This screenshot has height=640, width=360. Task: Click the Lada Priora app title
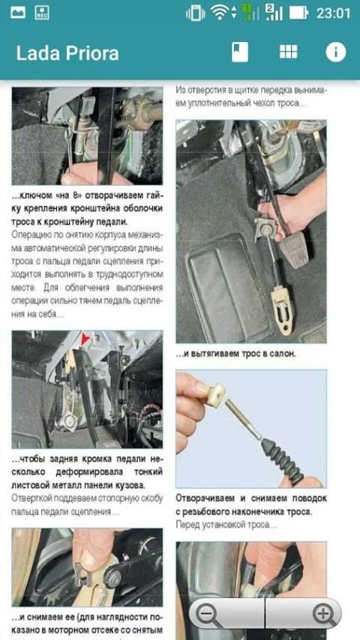[x=67, y=53]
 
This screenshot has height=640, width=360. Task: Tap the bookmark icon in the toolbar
[x=240, y=52]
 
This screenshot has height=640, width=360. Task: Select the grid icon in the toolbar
[x=289, y=52]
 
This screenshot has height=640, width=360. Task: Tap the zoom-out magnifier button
[x=208, y=614]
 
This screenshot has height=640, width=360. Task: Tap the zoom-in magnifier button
[x=325, y=614]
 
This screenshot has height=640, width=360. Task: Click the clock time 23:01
[x=334, y=13]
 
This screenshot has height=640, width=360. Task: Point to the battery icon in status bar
[x=298, y=13]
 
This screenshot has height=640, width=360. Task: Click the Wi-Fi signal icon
[x=220, y=13]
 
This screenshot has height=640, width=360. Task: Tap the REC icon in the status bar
[x=42, y=13]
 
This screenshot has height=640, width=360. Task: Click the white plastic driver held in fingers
[x=215, y=395]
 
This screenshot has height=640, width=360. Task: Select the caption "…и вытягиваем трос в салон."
[x=235, y=354]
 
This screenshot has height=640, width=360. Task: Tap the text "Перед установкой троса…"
[x=226, y=525]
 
